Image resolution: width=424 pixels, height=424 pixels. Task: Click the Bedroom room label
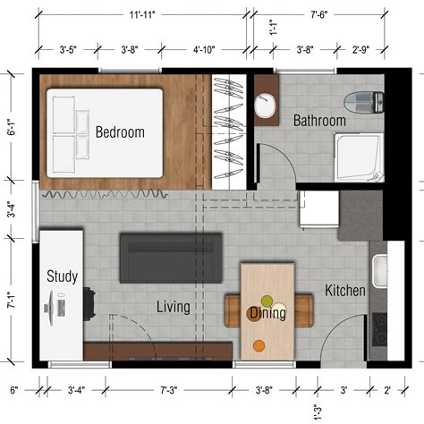click(x=120, y=132)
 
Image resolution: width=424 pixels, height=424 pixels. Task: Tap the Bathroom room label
click(x=319, y=120)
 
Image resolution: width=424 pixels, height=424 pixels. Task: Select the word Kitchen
click(x=344, y=291)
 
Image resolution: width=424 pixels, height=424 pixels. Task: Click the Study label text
click(x=62, y=276)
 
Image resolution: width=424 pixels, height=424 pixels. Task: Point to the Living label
click(x=174, y=307)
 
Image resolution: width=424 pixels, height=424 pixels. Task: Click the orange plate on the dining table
click(x=259, y=344)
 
